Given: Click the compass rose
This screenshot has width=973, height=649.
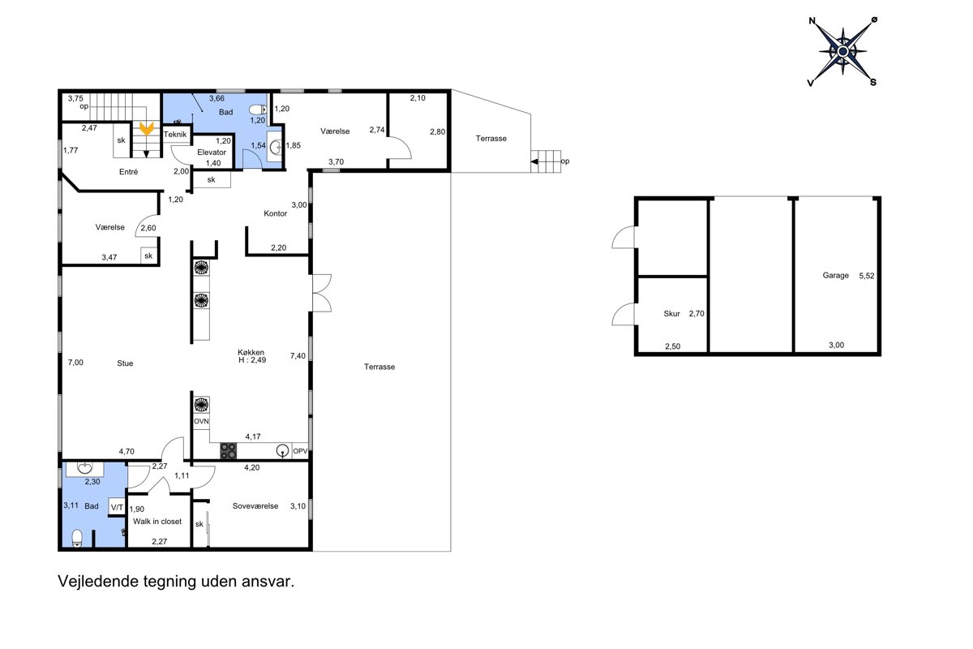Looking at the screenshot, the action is pos(842,52).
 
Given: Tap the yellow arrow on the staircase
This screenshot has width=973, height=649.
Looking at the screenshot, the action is pos(147,129).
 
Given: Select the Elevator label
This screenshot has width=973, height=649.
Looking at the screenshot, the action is pos(212,153).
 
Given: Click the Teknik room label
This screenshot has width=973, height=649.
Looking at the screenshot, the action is pos(175,135).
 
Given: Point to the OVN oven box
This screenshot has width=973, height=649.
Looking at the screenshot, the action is pos(201,421).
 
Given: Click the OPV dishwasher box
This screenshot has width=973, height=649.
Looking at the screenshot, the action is pos(300,451).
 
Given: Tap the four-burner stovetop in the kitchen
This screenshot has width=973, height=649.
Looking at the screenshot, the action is pos(228,451).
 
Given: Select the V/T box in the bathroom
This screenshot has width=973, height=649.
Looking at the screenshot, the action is pos(117,507).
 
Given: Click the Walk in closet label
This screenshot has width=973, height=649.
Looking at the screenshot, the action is pos(157,521).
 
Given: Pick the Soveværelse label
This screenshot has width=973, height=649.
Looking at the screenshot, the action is pos(255,506).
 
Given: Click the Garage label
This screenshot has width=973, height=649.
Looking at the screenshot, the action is pos(835,275).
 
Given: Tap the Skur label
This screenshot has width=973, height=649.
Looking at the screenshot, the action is pos(671,313).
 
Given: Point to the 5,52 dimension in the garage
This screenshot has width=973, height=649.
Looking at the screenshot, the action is pos(867,276).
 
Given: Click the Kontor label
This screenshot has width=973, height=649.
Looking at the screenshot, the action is pos(276,213).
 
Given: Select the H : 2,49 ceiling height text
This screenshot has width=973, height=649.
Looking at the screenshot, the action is pos(252,360).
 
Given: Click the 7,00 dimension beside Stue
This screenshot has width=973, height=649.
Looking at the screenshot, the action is pos(75,363).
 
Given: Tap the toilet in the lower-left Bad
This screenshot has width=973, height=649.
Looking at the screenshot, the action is pos(77,538).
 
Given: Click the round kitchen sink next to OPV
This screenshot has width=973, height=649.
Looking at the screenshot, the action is pos(283,451).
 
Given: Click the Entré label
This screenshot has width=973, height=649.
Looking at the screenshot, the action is pos(129,172).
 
